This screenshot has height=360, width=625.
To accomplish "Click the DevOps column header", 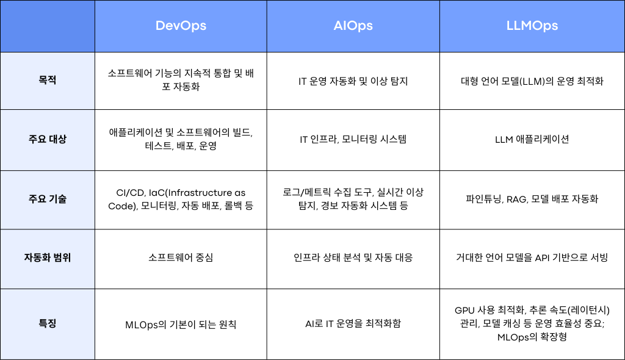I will [181, 26].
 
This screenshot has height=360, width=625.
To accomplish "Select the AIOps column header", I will [353, 26].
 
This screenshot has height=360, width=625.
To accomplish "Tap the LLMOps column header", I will [532, 26].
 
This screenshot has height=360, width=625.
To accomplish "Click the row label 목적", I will [47, 81].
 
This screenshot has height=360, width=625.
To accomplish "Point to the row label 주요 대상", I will [47, 139].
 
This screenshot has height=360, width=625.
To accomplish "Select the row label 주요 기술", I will [47, 199].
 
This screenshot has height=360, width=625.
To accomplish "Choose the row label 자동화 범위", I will [47, 257].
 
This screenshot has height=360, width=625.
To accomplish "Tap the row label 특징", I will [47, 323].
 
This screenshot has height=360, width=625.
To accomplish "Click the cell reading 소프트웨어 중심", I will [181, 257].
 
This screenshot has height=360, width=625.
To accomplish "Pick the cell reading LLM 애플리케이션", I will [532, 139].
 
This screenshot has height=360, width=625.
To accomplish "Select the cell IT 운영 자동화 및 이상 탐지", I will [353, 81].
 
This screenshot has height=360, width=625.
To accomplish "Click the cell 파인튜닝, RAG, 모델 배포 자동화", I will [532, 199].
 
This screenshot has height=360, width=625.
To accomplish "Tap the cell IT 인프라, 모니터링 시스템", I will [353, 139].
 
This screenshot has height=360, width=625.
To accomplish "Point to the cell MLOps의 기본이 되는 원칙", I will [181, 324].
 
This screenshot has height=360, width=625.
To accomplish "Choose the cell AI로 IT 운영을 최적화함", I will [353, 323].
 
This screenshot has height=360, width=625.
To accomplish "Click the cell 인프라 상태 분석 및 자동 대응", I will [353, 257].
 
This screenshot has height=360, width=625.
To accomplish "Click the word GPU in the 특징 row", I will [466, 310].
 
